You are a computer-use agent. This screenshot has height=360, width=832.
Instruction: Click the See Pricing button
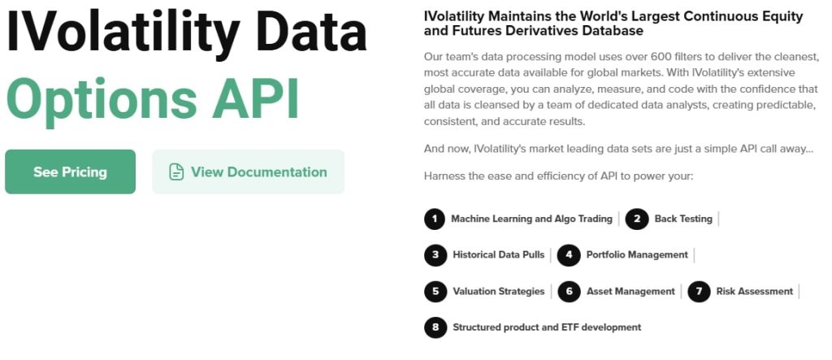[x=70, y=171]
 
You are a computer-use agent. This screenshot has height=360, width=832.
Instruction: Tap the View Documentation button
[x=248, y=171]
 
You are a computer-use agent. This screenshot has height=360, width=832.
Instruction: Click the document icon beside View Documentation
[x=176, y=172]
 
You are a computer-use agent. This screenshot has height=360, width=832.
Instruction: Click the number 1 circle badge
[x=435, y=219]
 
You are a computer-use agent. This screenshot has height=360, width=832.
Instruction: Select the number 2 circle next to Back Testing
[x=638, y=219]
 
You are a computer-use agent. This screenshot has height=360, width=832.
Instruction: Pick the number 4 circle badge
[x=570, y=255]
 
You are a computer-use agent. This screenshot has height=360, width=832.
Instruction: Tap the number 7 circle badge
[x=699, y=291]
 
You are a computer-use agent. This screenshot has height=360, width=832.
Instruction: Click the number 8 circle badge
[x=435, y=327]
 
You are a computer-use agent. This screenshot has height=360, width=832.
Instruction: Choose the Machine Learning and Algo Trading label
[x=531, y=219]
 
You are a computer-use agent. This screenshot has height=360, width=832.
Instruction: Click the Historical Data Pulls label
[x=498, y=255]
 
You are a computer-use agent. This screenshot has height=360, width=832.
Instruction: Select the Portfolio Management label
[x=636, y=255]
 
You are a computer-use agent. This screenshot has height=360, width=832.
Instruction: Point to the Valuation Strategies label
[x=498, y=291]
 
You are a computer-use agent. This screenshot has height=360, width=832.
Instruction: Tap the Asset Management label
[x=630, y=291]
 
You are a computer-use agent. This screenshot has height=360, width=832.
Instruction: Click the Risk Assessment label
[x=754, y=291]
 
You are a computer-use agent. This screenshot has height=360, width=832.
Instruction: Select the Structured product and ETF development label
[x=547, y=327]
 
